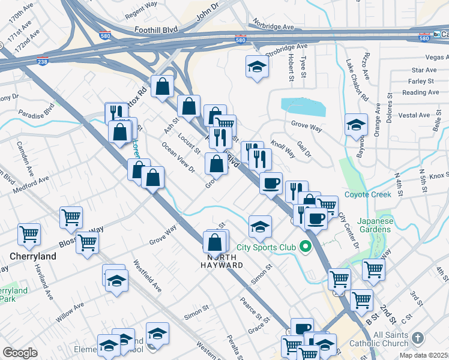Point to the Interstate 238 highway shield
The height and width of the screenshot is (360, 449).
click(43, 61)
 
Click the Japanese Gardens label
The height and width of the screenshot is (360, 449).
click(376, 225)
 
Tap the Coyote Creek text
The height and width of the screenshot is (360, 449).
click(368, 194)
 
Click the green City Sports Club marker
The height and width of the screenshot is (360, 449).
click(306, 247)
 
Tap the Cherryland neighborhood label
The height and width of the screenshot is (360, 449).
click(33, 256)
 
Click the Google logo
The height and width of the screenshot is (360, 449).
click(20, 353)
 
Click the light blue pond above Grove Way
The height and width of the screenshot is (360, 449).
click(304, 107)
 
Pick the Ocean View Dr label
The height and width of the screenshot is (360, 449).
click(178, 157)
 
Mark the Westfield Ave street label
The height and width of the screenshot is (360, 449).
click(148, 275)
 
